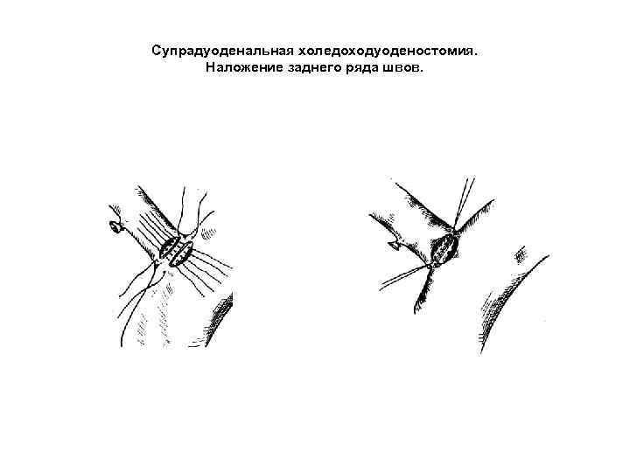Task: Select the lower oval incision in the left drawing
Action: coord(179,254)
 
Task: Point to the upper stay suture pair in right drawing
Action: coord(463,197)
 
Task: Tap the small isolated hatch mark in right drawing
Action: coord(520,254)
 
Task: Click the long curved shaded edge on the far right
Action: coord(507,297)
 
